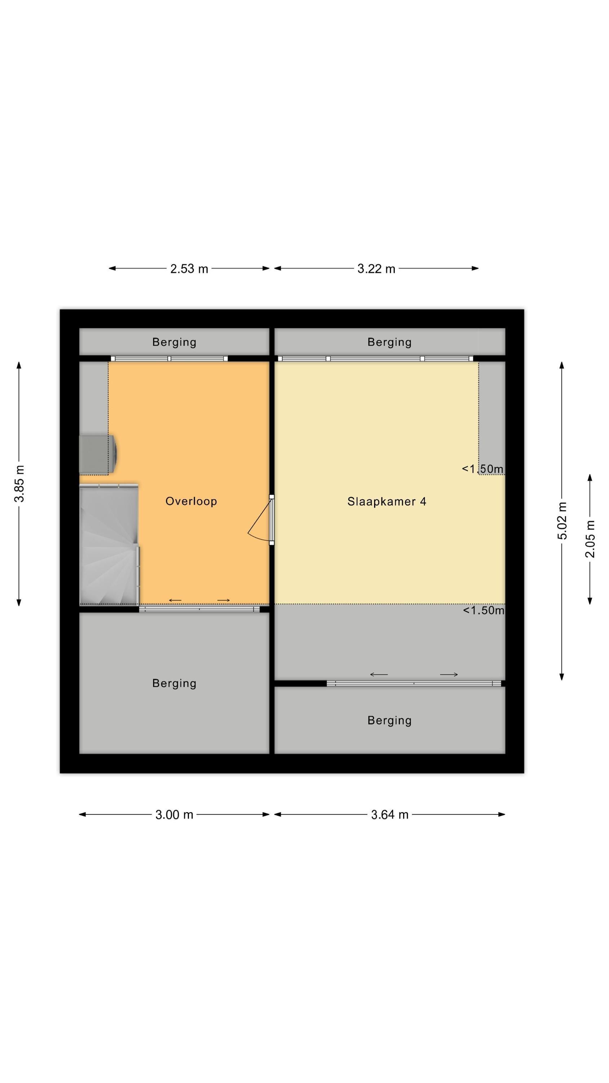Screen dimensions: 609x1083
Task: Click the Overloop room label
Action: coord(191,501)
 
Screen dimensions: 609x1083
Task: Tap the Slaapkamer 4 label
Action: coord(386,501)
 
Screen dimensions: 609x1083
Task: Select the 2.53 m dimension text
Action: coord(189,269)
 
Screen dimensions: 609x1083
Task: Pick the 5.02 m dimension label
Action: coord(562,521)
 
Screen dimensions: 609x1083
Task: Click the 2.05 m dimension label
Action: coord(590,539)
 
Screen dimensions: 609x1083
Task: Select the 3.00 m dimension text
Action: coord(174,815)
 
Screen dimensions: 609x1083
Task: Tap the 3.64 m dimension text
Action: coord(389,815)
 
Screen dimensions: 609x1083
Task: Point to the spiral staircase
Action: coord(109,544)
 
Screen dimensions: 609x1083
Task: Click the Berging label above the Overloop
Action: coord(174,342)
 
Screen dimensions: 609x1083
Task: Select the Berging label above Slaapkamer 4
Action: coord(389,342)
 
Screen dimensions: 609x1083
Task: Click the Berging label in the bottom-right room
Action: coord(389,720)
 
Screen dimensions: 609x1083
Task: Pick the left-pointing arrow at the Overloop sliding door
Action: coord(175,600)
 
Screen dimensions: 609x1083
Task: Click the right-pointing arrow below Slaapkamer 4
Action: coord(448,674)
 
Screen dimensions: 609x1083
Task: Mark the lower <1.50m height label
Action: coord(483,610)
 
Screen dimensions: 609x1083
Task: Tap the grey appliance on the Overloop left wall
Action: coord(97,454)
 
